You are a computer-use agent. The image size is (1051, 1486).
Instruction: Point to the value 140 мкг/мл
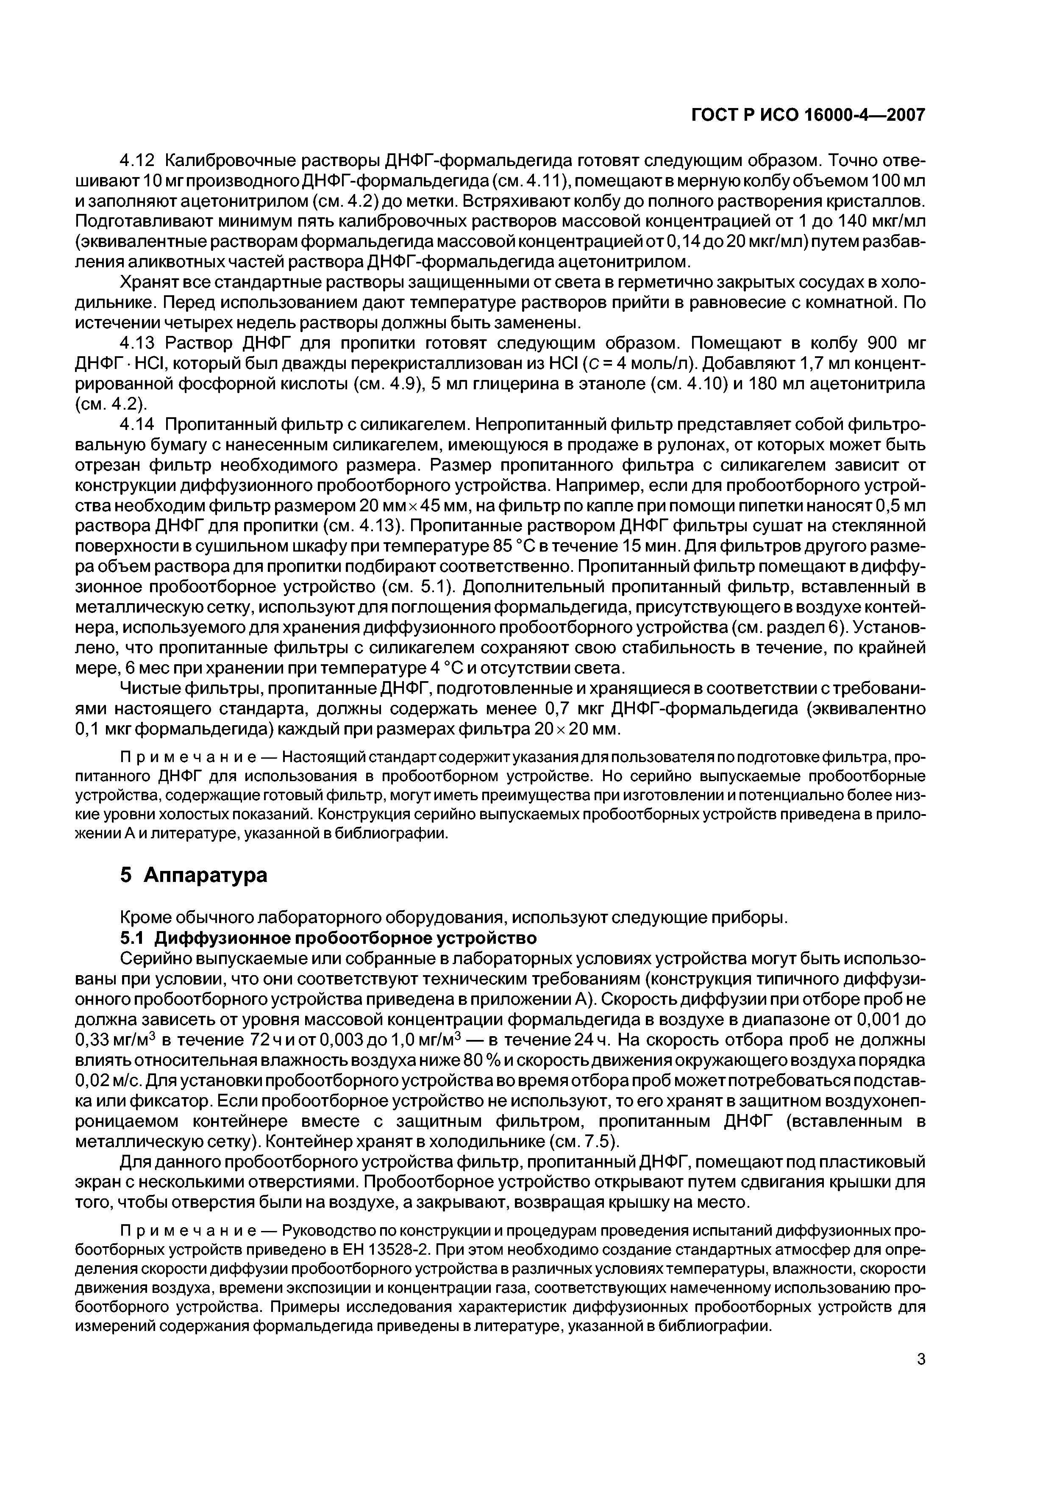pyautogui.click(x=882, y=221)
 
